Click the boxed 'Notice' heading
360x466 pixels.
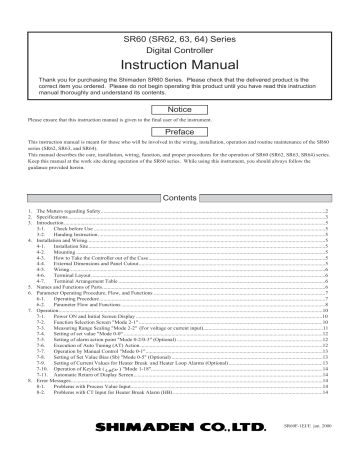180,108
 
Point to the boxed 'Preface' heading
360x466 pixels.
180,131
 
